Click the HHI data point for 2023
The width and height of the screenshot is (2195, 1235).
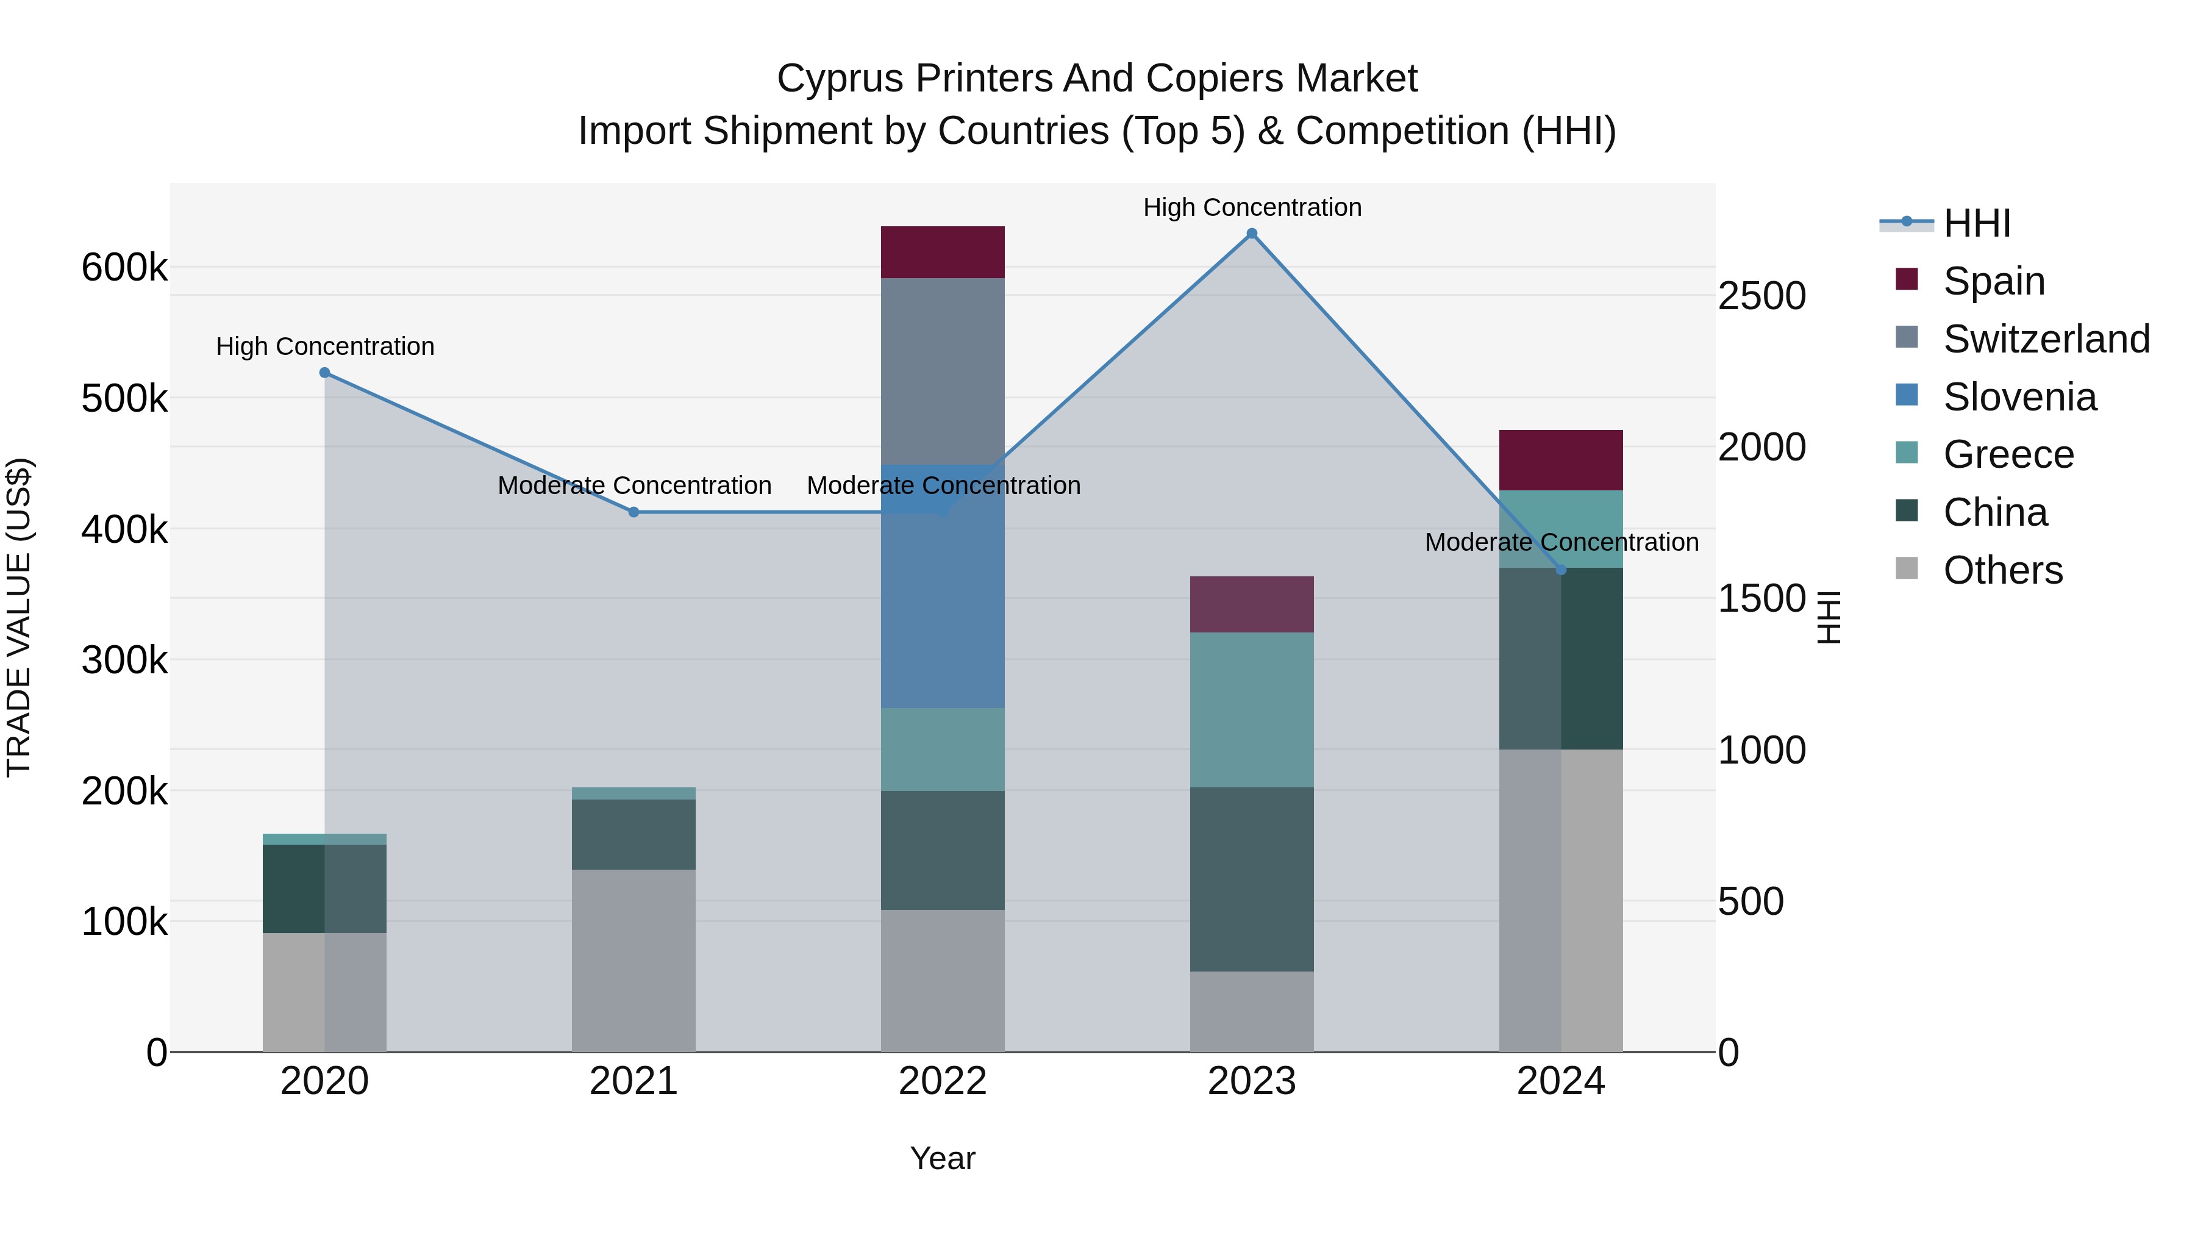point(1252,234)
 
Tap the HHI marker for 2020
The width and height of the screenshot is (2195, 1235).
point(324,373)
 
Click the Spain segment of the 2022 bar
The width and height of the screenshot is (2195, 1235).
point(943,252)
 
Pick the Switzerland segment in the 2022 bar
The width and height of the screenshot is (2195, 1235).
point(943,371)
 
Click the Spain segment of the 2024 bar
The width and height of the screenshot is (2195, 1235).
point(1560,460)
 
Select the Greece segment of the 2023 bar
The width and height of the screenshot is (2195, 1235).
point(1252,709)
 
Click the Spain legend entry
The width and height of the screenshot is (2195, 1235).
point(1993,281)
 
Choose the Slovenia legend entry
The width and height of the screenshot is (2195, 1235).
point(2019,397)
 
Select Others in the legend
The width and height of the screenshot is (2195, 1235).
point(2002,570)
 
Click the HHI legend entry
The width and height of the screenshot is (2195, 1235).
point(1977,223)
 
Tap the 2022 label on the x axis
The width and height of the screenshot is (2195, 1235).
point(943,1081)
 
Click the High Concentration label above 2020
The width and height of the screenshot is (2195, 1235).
point(324,347)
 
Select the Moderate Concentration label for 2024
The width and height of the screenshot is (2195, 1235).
point(1561,542)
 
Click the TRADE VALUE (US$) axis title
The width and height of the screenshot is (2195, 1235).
point(19,617)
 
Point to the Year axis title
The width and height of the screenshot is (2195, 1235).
point(943,1158)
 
